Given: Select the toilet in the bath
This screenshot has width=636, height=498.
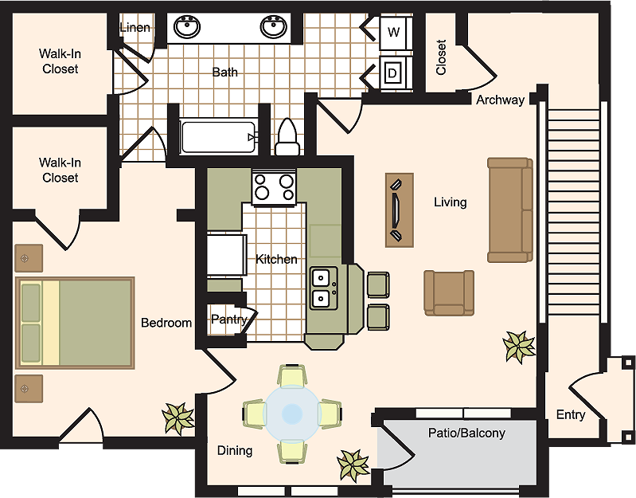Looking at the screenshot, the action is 287,137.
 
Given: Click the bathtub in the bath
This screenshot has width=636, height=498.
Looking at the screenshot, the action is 219,137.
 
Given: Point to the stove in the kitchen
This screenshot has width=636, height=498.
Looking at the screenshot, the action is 274,187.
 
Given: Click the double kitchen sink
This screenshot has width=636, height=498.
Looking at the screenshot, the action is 324,288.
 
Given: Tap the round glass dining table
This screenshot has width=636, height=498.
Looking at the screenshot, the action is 292,414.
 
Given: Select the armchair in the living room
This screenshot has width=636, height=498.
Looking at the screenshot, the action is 449,292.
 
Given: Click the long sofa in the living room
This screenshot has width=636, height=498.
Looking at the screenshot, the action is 510,210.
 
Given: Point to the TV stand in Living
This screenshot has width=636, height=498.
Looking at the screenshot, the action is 400,210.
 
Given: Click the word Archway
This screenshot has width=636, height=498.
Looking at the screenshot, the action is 500,100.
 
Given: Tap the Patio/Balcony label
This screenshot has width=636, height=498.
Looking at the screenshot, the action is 466,433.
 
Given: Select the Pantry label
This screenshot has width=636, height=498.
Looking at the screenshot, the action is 229,320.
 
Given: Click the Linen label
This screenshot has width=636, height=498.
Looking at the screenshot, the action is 135,28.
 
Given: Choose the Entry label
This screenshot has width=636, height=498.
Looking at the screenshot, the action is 571,415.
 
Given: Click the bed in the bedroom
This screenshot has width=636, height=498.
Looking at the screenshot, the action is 75,323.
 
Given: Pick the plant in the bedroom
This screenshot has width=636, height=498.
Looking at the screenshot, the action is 178,419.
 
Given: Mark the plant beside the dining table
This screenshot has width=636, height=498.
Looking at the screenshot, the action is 353,465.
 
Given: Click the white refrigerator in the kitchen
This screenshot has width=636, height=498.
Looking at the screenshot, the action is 227,254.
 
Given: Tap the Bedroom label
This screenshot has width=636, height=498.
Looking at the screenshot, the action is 166,323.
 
